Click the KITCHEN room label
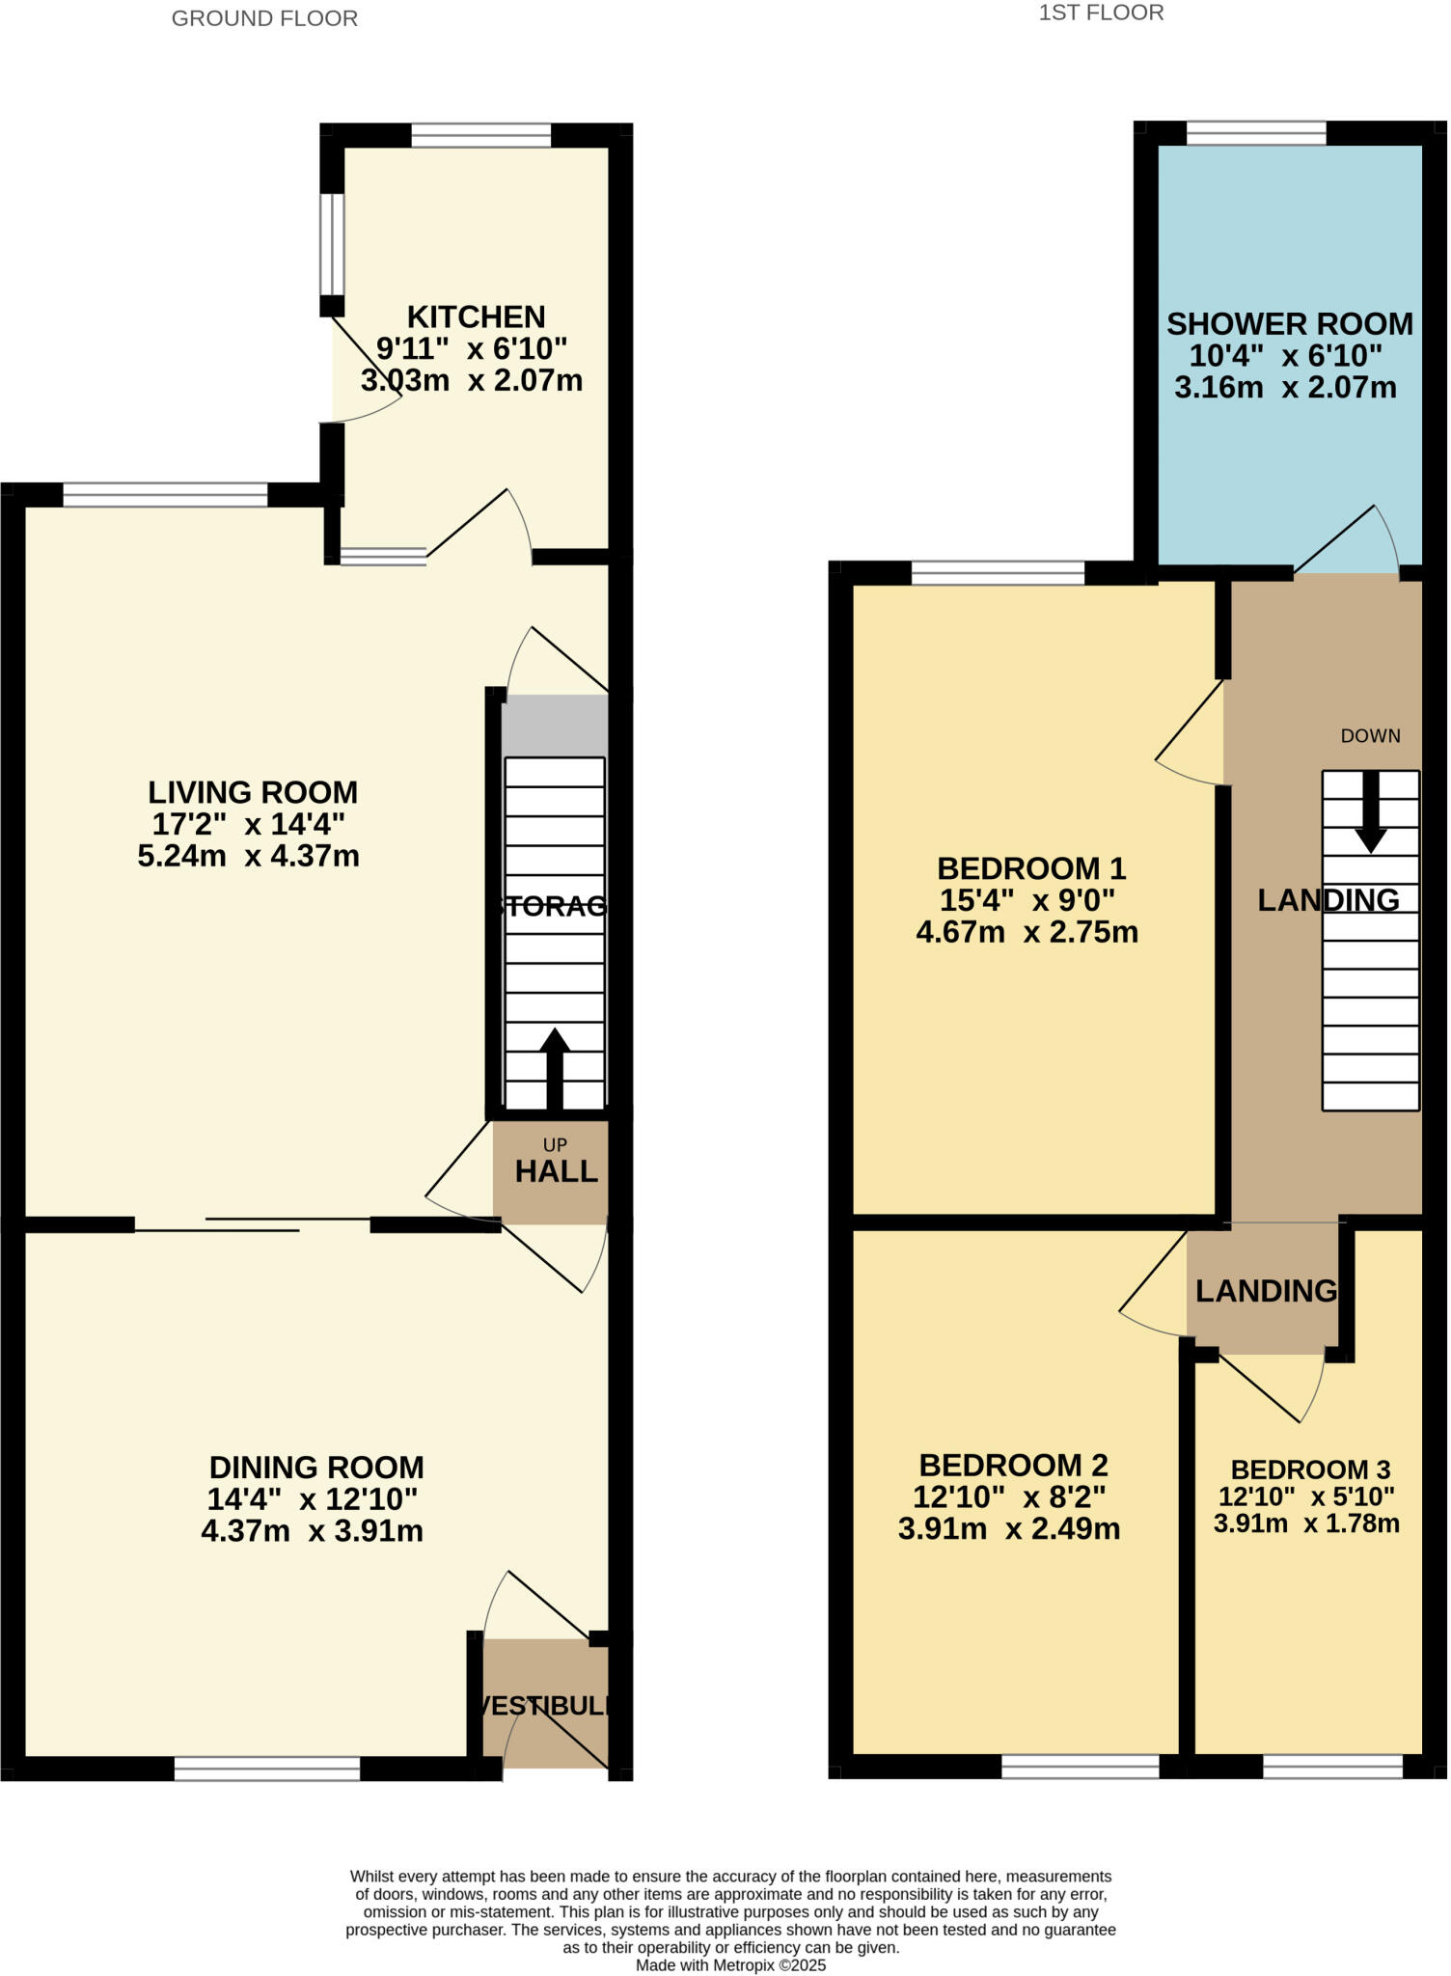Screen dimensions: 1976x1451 (x=476, y=316)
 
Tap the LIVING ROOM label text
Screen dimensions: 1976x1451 (x=253, y=792)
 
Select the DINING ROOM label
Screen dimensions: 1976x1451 (x=316, y=1468)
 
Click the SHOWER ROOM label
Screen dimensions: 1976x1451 (x=1290, y=324)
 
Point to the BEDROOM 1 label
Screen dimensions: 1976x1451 (x=1031, y=868)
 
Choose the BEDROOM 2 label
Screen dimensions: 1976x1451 (x=1013, y=1466)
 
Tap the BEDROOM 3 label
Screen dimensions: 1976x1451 (x=1310, y=1469)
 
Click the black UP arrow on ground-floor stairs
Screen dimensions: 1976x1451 (x=554, y=1067)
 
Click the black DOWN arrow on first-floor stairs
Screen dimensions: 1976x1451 (x=1370, y=811)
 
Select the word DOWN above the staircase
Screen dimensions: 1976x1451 (x=1370, y=736)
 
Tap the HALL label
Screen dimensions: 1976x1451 (x=556, y=1171)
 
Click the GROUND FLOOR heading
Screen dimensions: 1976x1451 (x=264, y=18)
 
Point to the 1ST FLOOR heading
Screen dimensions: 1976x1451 (x=1101, y=13)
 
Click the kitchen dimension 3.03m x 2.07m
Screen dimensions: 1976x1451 (x=472, y=380)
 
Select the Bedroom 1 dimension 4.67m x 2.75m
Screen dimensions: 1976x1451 (x=1027, y=932)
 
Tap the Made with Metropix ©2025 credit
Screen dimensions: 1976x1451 (x=730, y=1964)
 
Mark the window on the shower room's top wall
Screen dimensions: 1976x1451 (x=1255, y=133)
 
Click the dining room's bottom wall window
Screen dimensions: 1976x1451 (x=267, y=1768)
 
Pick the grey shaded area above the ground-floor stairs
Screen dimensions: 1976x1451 (x=555, y=725)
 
